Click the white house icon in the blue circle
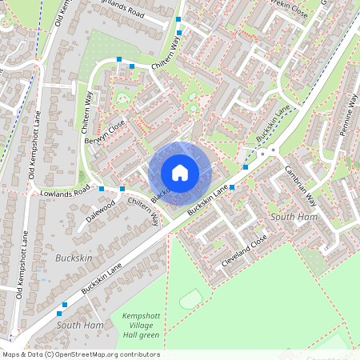(x=180, y=172)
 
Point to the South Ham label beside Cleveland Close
(x=294, y=217)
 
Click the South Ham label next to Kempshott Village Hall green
(x=80, y=326)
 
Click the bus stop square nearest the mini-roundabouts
(x=246, y=167)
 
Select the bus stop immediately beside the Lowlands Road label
(x=102, y=189)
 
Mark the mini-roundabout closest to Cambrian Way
(x=273, y=150)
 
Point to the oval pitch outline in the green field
(x=190, y=299)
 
